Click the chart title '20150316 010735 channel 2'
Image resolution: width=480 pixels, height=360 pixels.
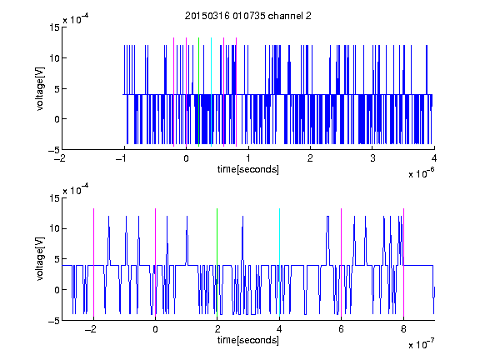click(248, 16)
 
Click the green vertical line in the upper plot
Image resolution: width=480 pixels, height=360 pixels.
click(199, 92)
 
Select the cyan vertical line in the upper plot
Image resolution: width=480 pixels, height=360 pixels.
click(211, 92)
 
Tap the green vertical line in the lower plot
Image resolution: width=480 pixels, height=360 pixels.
click(217, 263)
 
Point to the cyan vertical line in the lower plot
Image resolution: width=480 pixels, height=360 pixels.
click(279, 263)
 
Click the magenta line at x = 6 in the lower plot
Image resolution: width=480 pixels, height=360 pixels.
click(342, 263)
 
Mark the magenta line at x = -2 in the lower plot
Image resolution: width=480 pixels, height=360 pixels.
click(93, 263)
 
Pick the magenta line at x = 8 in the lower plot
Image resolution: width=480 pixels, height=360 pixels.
click(404, 263)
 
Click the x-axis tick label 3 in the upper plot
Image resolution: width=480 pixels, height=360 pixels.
click(372, 158)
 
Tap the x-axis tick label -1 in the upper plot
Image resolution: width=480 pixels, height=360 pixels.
click(122, 158)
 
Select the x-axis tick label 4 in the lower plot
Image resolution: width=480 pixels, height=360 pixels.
click(279, 329)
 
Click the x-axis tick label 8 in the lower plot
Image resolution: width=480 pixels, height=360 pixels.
click(403, 329)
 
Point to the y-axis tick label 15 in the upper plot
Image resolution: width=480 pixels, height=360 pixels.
click(54, 27)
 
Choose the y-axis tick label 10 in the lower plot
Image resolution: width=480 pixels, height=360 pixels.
click(54, 228)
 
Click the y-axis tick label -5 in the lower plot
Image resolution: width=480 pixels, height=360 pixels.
click(54, 321)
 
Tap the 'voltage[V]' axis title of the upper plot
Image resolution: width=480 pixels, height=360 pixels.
click(40, 89)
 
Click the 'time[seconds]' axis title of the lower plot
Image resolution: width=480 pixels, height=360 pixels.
click(248, 340)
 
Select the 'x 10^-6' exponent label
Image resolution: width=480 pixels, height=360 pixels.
click(421, 172)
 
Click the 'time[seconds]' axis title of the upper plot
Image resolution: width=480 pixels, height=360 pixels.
click(248, 169)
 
